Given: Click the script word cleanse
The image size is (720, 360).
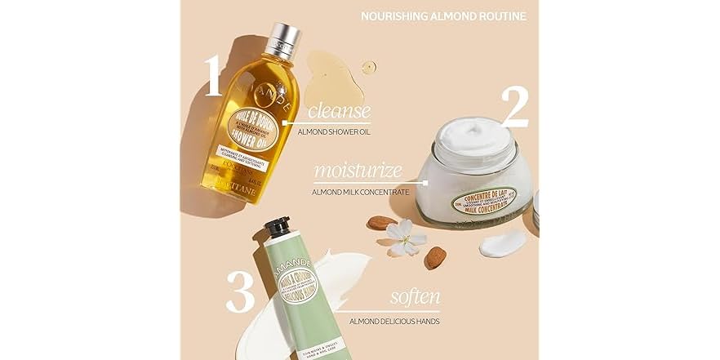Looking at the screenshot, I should (x=338, y=111).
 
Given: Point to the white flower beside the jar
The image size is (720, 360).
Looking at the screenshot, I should (x=406, y=236).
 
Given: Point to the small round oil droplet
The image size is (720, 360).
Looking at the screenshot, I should (x=369, y=67).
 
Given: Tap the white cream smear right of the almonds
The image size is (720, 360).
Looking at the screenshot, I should (x=503, y=242).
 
